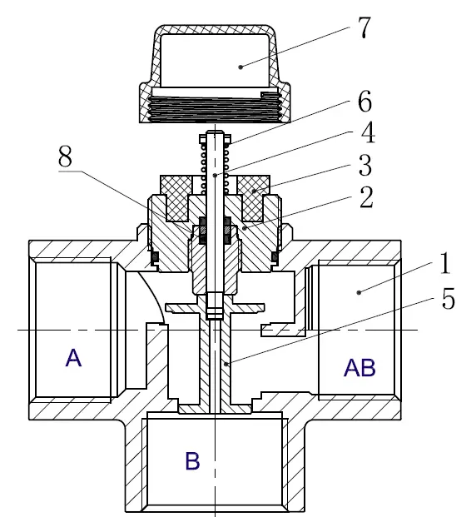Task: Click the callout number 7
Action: [x=364, y=27]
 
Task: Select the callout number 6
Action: [x=364, y=102]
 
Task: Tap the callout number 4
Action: [x=367, y=133]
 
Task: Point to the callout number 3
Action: [x=365, y=164]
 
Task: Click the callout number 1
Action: [x=445, y=263]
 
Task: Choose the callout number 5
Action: [x=449, y=298]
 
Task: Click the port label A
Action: [x=73, y=358]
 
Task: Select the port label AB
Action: [x=359, y=367]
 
